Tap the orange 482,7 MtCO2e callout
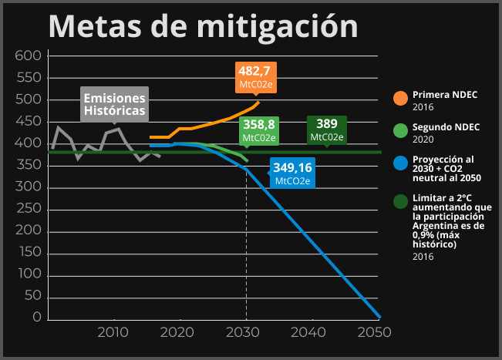(x=257, y=76)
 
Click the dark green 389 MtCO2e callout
(x=327, y=130)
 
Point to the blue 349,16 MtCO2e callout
(x=292, y=173)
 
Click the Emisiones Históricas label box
(x=114, y=105)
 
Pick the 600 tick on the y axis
(x=28, y=56)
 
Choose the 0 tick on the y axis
(x=36, y=318)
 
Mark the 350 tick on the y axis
(x=28, y=166)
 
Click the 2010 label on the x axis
(x=113, y=332)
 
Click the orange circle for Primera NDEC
(x=400, y=99)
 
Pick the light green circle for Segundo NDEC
(x=400, y=130)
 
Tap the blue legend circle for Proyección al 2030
(x=400, y=163)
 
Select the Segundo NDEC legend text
(x=446, y=126)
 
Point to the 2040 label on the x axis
(x=309, y=332)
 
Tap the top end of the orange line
(x=259, y=102)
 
